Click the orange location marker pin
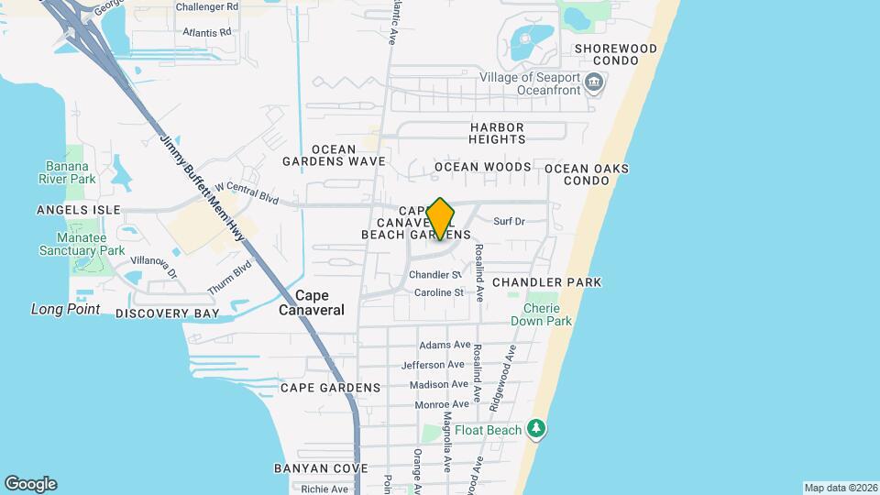pyautogui.click(x=441, y=218)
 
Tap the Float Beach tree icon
pyautogui.click(x=536, y=429)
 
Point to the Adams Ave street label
pyautogui.click(x=445, y=345)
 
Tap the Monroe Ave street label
pyautogui.click(x=442, y=404)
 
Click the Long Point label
pyautogui.click(x=65, y=309)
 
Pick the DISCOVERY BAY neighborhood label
pyautogui.click(x=168, y=313)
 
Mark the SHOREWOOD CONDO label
pyautogui.click(x=616, y=54)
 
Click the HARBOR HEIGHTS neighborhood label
pyautogui.click(x=498, y=133)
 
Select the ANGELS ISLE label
pyautogui.click(x=79, y=210)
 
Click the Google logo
pyautogui.click(x=30, y=484)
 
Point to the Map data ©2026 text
pyautogui.click(x=840, y=488)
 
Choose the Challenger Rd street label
pyautogui.click(x=207, y=6)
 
